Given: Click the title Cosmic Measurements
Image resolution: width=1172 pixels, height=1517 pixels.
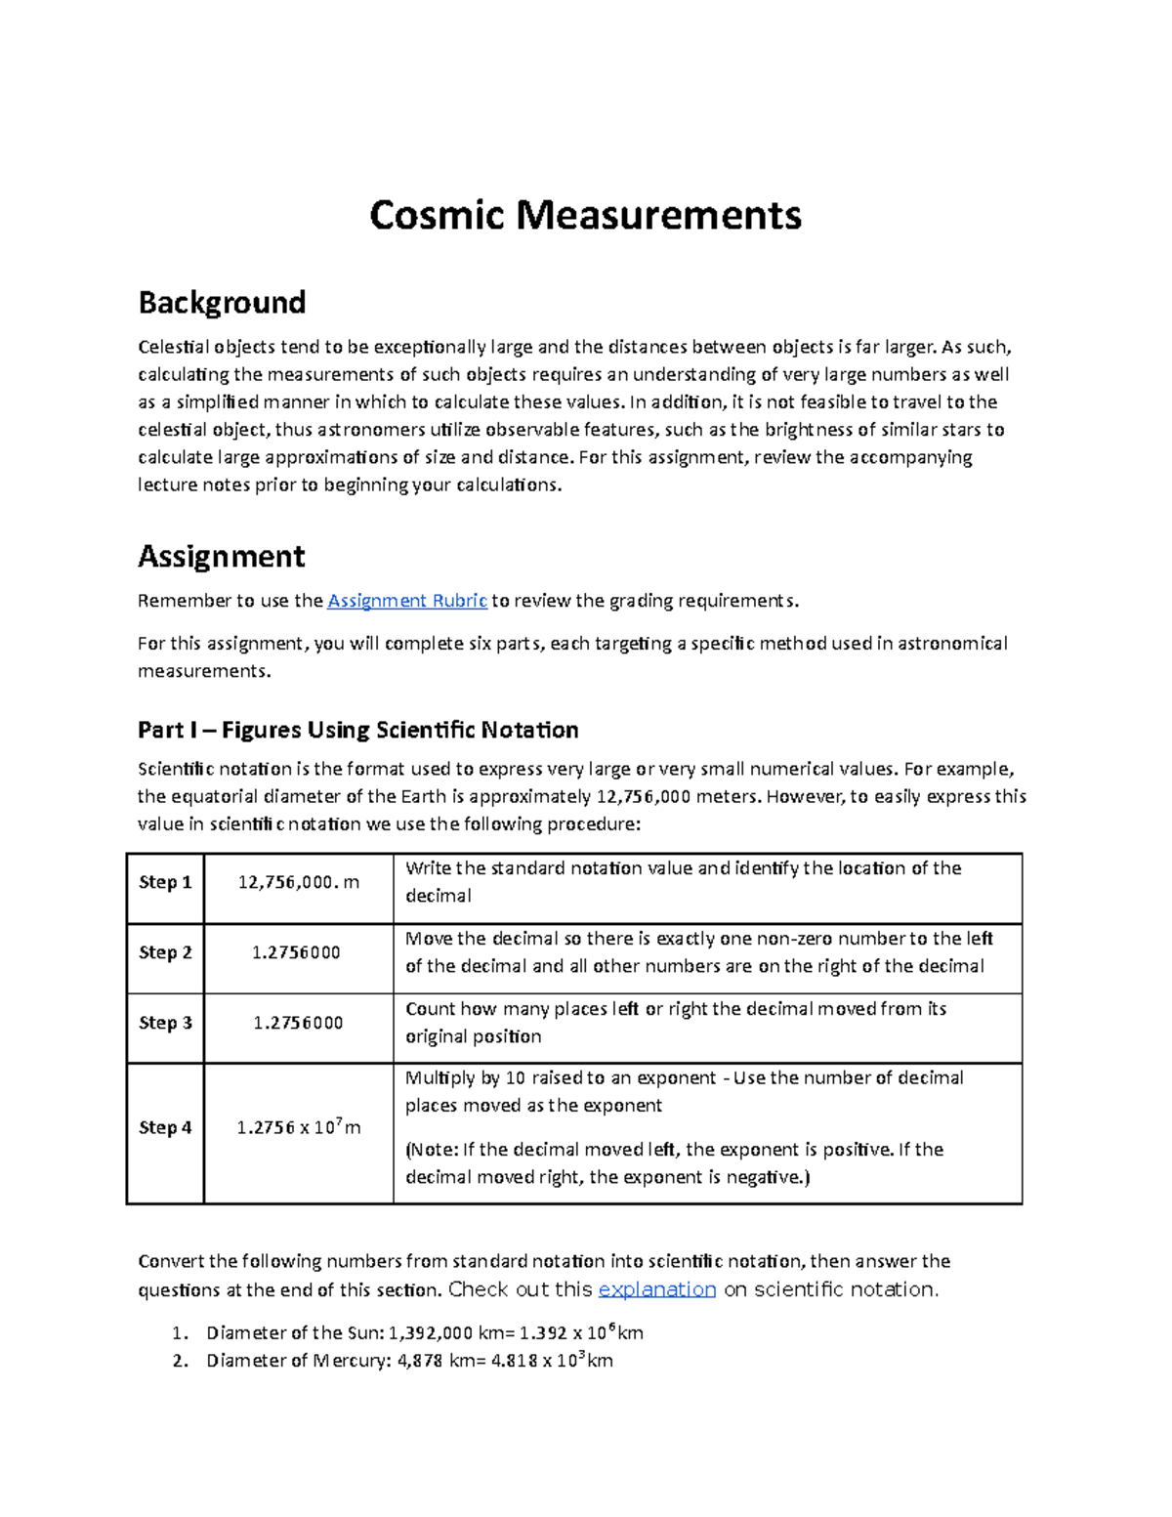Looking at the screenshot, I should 585,216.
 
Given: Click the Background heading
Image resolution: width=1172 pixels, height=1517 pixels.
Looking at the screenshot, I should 222,302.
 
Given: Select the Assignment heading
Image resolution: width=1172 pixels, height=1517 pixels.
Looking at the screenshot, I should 221,556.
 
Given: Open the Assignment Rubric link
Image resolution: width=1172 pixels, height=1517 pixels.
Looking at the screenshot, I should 406,601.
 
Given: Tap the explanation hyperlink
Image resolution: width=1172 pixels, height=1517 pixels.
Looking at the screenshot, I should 656,1289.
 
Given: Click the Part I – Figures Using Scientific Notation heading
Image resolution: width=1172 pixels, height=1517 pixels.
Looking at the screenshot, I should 357,730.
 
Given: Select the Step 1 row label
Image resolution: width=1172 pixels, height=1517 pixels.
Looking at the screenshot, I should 165,882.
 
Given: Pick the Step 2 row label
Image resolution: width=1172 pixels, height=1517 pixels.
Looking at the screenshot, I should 165,952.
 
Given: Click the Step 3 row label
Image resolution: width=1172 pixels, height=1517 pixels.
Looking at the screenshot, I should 165,1023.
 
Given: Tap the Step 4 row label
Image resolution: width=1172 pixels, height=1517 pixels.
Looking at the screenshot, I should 165,1127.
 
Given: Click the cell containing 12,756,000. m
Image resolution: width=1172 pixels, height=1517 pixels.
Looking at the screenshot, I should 298,882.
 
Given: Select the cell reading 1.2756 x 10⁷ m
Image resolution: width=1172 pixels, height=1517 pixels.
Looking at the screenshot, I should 298,1127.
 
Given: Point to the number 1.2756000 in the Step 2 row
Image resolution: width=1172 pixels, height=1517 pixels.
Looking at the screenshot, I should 296,952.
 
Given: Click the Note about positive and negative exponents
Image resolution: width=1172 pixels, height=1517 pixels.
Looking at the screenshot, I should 674,1163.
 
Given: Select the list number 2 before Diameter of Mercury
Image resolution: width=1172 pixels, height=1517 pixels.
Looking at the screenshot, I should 179,1361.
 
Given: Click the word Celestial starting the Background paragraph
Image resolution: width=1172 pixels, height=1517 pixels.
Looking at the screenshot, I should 174,347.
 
